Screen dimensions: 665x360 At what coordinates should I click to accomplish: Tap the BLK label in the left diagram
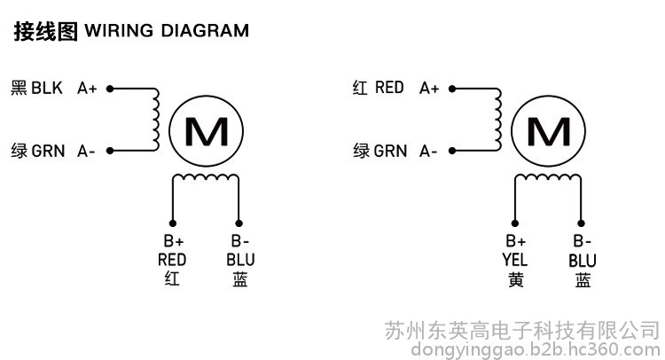pyautogui.click(x=47, y=88)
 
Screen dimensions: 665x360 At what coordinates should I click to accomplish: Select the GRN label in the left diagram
pyautogui.click(x=48, y=151)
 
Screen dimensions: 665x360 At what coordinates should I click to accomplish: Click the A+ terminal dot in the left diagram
pyautogui.click(x=110, y=89)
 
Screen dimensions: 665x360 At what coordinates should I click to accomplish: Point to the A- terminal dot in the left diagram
pyautogui.click(x=110, y=151)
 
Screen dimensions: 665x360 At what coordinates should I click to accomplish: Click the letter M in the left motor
pyautogui.click(x=207, y=131)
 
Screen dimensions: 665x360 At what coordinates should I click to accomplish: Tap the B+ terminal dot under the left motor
pyautogui.click(x=173, y=223)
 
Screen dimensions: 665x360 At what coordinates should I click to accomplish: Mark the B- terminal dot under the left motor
pyautogui.click(x=239, y=223)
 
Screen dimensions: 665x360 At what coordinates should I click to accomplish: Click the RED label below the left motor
pyautogui.click(x=172, y=260)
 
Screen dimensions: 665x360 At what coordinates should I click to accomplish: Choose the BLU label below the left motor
pyautogui.click(x=240, y=260)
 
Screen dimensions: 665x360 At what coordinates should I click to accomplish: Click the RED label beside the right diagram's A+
pyautogui.click(x=389, y=88)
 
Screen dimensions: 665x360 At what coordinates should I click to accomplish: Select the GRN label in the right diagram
pyautogui.click(x=390, y=151)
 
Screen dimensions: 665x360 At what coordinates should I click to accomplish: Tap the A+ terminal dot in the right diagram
pyautogui.click(x=452, y=89)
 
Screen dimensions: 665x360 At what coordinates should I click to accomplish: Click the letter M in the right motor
pyautogui.click(x=549, y=131)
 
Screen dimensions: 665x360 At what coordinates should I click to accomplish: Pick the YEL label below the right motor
pyautogui.click(x=515, y=260)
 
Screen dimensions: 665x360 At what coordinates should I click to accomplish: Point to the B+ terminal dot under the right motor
pyautogui.click(x=515, y=223)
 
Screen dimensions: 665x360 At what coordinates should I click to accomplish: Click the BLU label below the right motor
pyautogui.click(x=583, y=261)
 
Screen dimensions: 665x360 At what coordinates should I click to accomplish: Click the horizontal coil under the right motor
pyautogui.click(x=548, y=176)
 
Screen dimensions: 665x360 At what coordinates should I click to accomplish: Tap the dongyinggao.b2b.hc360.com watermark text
pyautogui.click(x=536, y=350)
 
